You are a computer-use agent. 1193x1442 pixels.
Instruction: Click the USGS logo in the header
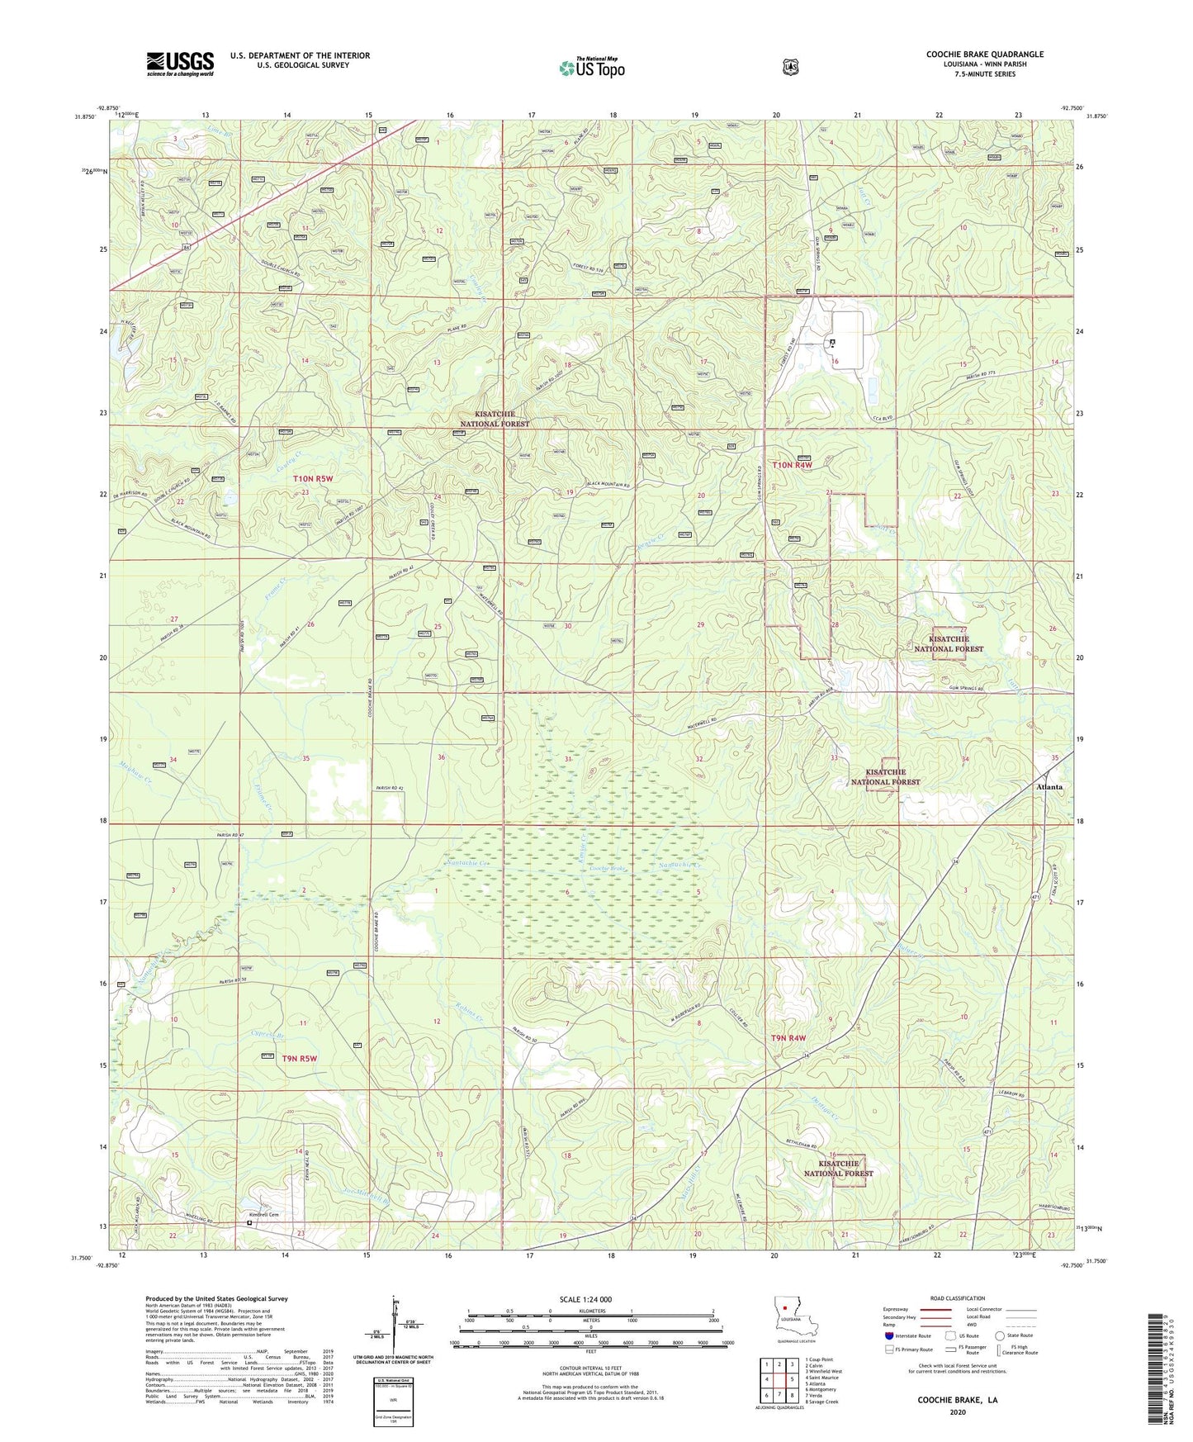coord(180,63)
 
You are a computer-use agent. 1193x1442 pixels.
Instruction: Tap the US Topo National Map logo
coord(591,68)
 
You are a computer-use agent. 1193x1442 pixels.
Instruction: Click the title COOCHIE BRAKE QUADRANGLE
coord(984,55)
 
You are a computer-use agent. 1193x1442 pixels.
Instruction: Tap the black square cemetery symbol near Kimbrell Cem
coord(249,1224)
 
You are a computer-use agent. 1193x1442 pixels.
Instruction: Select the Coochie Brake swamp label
coord(607,870)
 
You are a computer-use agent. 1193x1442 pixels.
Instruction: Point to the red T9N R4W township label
coord(788,1037)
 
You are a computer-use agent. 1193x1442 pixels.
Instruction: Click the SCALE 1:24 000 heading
coord(585,1299)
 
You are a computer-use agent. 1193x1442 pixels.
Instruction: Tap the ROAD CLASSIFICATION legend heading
coord(958,1298)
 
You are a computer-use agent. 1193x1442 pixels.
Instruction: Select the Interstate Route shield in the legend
coord(888,1335)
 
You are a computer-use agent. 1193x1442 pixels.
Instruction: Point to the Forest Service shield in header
coord(790,67)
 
